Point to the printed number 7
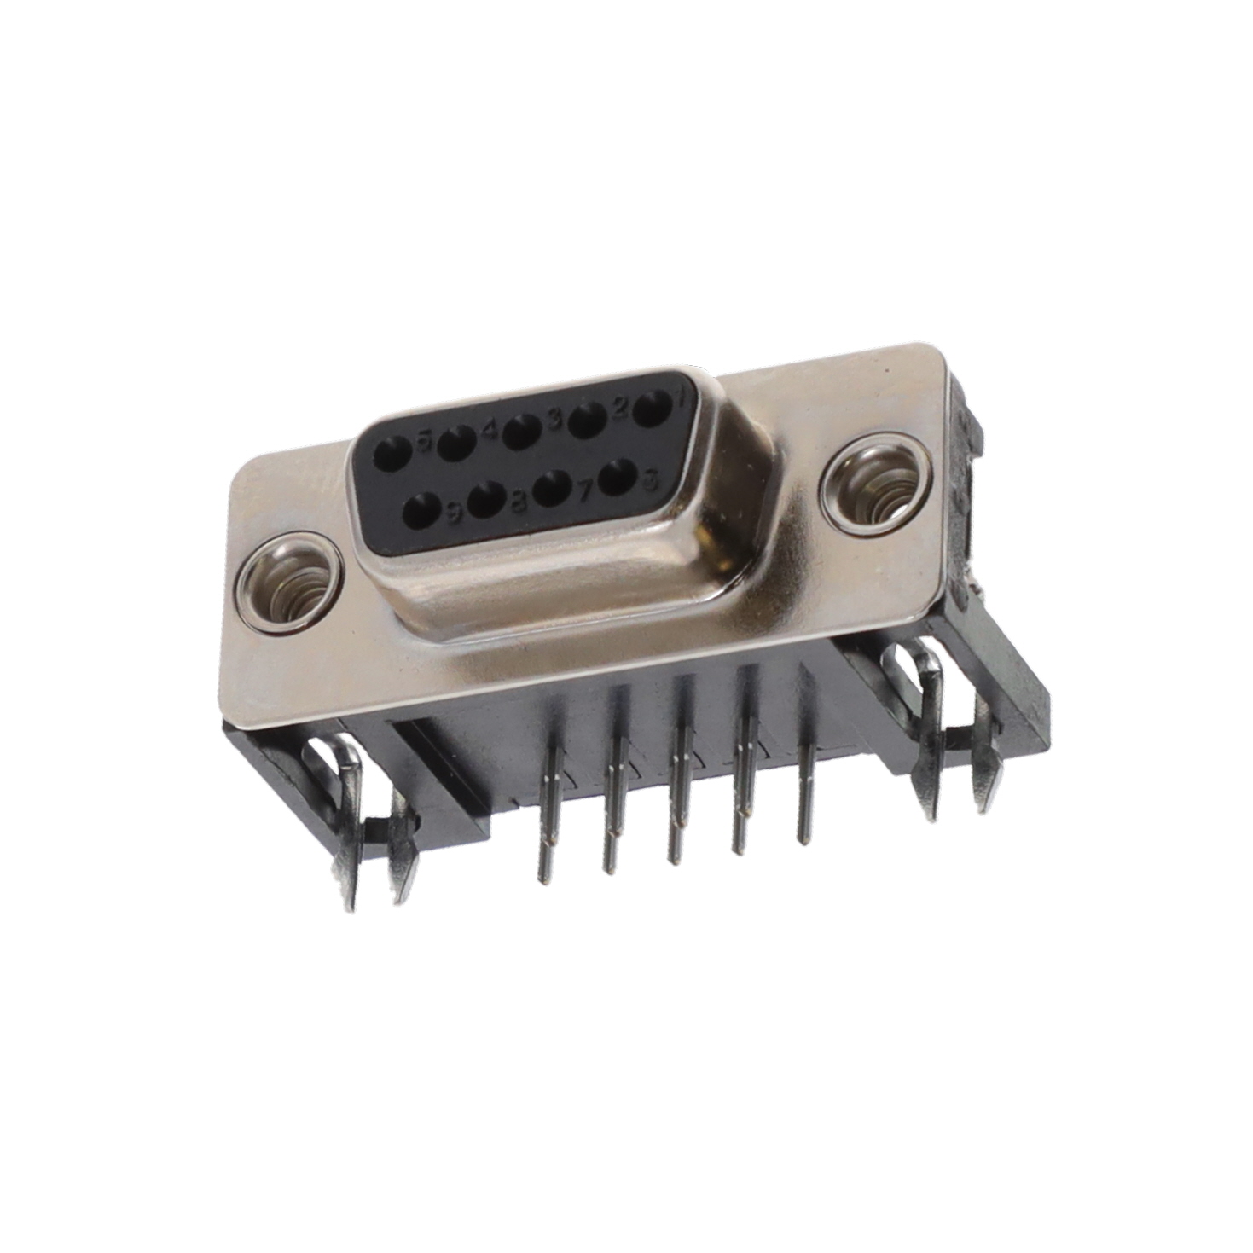(585, 491)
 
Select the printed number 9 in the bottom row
(453, 511)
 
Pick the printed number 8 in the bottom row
(518, 502)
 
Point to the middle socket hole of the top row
(521, 431)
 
